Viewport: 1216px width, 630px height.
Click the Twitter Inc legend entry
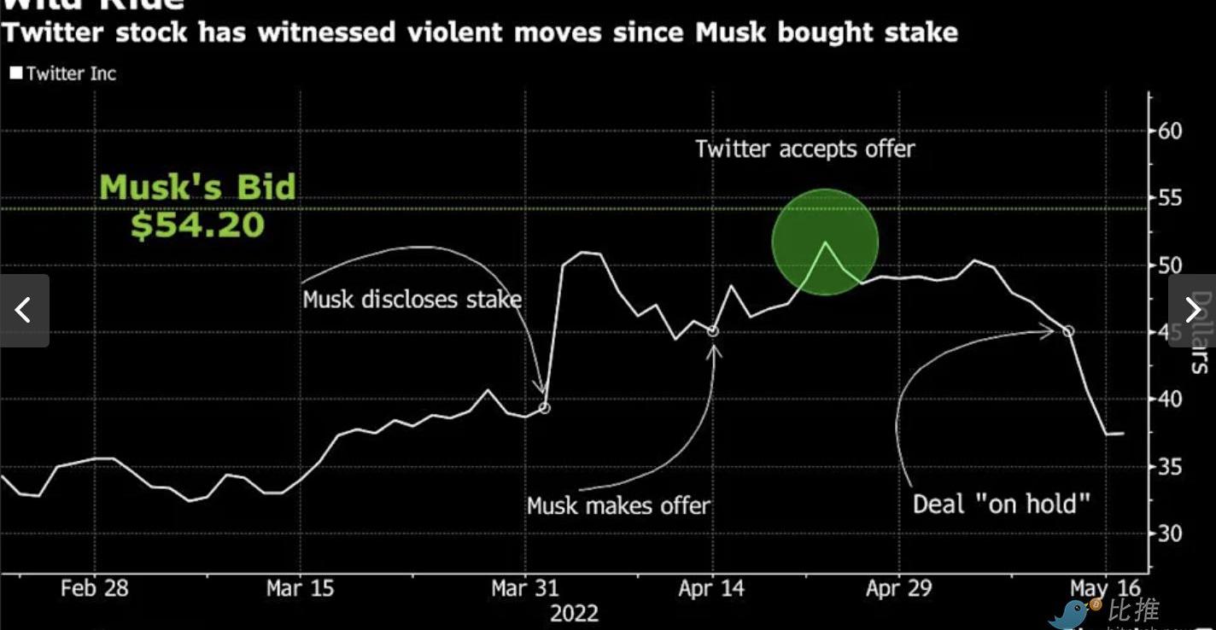pos(63,73)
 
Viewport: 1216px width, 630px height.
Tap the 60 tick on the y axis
pos(1170,131)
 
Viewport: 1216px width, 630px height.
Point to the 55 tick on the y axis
pos(1170,198)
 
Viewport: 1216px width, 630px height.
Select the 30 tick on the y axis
pos(1170,534)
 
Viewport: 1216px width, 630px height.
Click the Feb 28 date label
pos(94,588)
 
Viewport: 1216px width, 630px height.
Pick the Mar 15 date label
pos(301,588)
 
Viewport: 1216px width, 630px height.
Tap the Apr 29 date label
pos(899,588)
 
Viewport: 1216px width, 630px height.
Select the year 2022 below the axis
pos(574,613)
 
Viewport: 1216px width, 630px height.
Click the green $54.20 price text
pos(197,225)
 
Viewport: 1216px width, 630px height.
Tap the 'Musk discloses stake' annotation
pos(412,300)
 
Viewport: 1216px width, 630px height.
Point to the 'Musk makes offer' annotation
pos(618,505)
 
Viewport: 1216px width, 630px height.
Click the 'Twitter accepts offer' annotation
pos(804,149)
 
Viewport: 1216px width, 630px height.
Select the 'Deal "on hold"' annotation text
pos(1002,503)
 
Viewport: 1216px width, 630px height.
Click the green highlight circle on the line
pos(825,242)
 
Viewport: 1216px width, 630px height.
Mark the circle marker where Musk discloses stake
pos(544,408)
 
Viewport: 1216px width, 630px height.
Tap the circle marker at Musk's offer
pos(713,331)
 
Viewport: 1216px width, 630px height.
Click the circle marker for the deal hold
pos(1067,331)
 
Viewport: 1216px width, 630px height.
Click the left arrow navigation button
pos(24,310)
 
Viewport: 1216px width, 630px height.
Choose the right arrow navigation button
pos(1192,310)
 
